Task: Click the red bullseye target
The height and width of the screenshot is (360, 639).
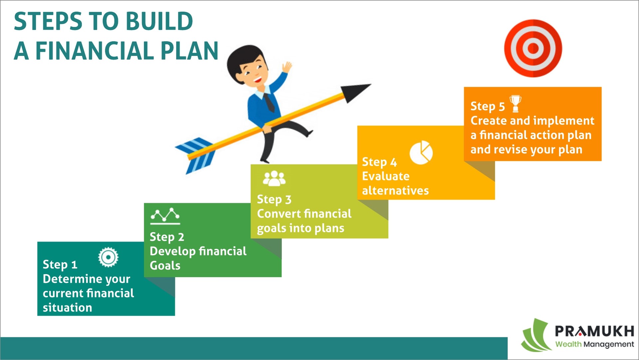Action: point(533,48)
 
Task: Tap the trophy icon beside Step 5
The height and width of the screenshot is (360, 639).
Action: point(516,104)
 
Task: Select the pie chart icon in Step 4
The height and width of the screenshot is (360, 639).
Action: point(421,153)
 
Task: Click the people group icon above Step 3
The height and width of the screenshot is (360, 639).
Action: point(274,179)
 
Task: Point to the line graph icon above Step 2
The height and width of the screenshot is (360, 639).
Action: point(165,216)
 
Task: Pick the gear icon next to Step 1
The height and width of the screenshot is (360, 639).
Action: point(108,257)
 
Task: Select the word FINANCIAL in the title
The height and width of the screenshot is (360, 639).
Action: point(95,51)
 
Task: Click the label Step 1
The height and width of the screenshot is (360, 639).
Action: point(60,264)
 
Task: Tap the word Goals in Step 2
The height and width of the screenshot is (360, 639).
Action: point(165,265)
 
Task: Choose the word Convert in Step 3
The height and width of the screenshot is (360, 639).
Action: point(279,213)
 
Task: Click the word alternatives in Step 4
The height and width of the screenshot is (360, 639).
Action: point(395,190)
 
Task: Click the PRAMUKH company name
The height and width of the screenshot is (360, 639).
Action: point(594,331)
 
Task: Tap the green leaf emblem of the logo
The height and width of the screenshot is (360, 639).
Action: point(535,335)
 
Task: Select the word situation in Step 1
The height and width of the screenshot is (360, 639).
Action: point(67,307)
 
